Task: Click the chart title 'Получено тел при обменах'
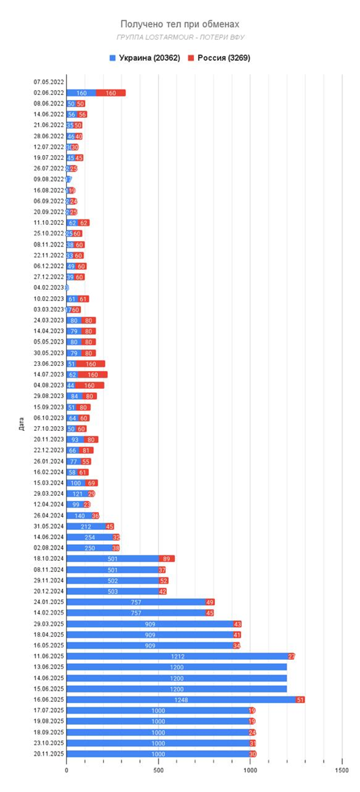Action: [x=179, y=25]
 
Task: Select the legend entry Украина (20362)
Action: [x=145, y=58]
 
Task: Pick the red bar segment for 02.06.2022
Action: [x=110, y=93]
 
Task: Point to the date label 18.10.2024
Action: [x=49, y=559]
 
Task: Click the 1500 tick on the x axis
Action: [x=342, y=770]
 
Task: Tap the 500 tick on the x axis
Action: [x=158, y=770]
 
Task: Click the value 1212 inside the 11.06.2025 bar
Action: [x=178, y=656]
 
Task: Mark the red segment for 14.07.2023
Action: [x=92, y=375]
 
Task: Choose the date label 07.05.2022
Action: [x=49, y=82]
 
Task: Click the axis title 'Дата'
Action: [x=21, y=423]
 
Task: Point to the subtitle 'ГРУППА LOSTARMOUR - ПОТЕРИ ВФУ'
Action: [x=180, y=38]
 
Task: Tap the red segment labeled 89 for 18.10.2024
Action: [x=167, y=559]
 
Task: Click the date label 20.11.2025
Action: [x=49, y=754]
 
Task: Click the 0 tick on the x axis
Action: [x=66, y=770]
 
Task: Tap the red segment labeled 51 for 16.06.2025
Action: [x=300, y=699]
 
